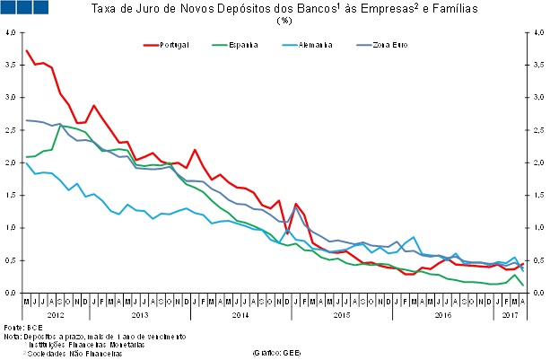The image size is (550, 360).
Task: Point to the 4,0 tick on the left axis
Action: (x=10, y=32)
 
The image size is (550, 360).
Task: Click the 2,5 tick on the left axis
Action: (x=10, y=130)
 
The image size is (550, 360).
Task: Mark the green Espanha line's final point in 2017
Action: (x=523, y=285)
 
